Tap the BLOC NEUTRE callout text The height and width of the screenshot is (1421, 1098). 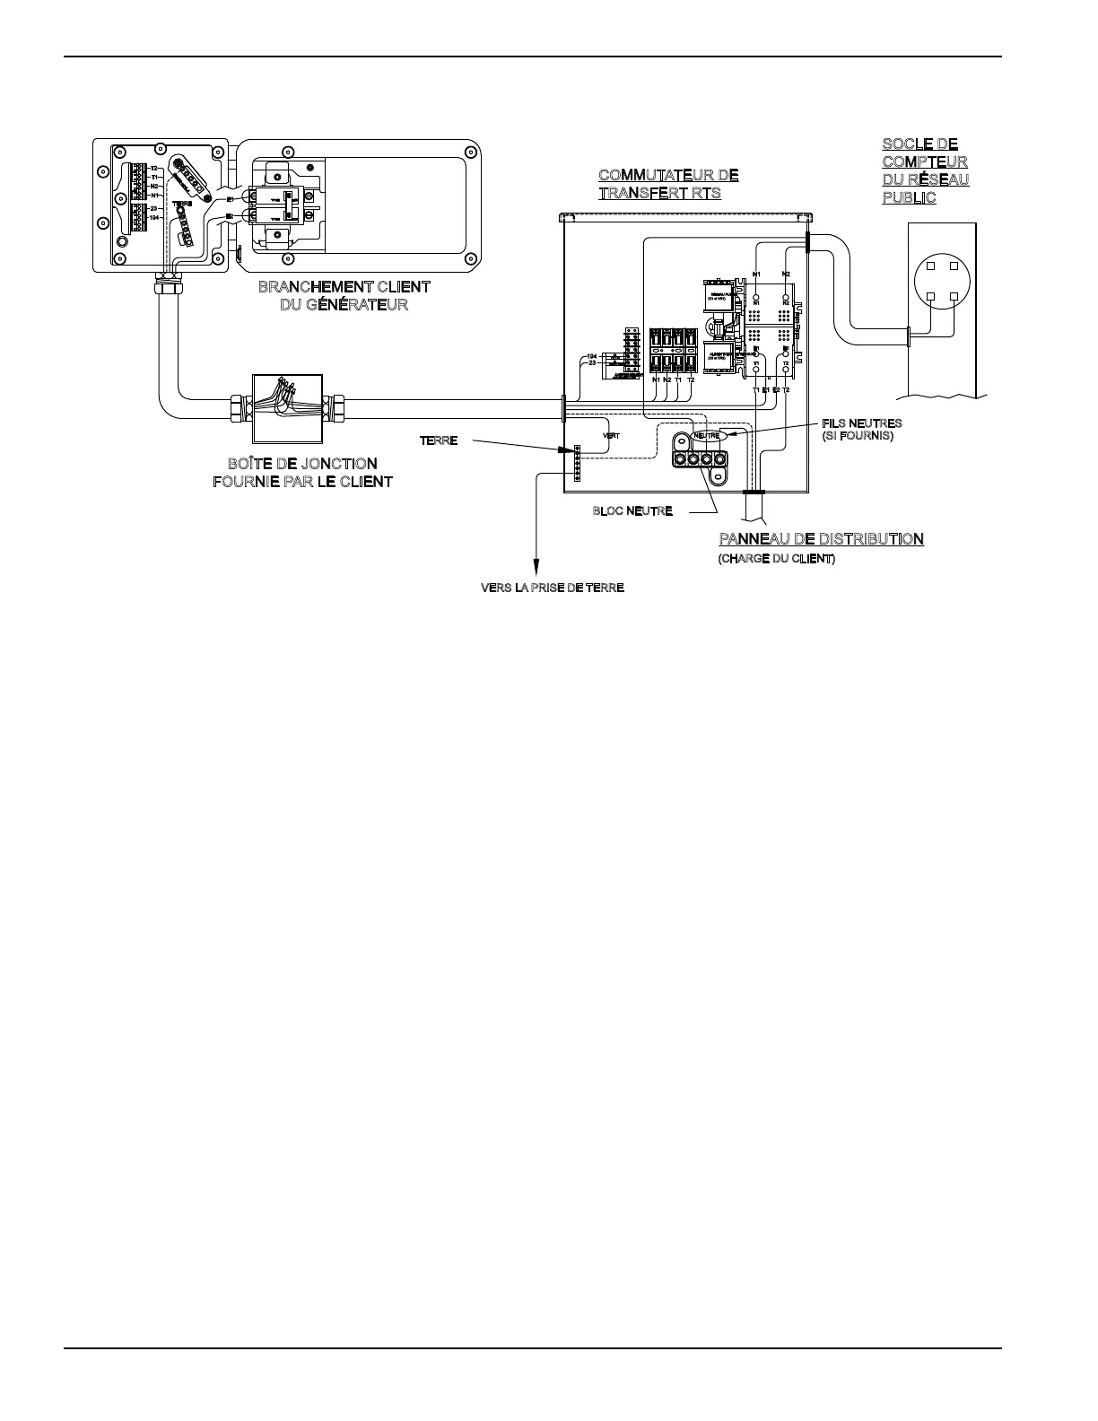[632, 511]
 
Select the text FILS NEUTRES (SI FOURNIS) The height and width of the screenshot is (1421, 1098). [861, 429]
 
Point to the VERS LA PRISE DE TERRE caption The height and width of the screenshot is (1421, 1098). [553, 588]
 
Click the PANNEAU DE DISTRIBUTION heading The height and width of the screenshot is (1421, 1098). [821, 539]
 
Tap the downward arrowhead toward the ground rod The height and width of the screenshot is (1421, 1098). [536, 568]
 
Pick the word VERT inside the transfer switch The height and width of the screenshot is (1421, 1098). [611, 436]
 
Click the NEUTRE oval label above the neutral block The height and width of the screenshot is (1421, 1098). [707, 436]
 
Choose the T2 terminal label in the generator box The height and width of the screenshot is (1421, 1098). [154, 169]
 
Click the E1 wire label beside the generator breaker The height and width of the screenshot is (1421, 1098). [230, 198]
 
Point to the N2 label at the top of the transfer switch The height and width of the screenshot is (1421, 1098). [786, 273]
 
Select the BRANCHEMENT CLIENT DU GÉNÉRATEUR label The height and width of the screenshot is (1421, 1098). [344, 296]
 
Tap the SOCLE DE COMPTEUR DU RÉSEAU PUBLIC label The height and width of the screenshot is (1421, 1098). [925, 170]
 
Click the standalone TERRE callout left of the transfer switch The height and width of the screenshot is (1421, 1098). [439, 441]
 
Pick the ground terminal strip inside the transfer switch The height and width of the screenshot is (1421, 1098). [577, 463]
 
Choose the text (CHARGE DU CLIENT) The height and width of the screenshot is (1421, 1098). [776, 559]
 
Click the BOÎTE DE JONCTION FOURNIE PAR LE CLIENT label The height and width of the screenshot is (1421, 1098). [301, 472]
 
